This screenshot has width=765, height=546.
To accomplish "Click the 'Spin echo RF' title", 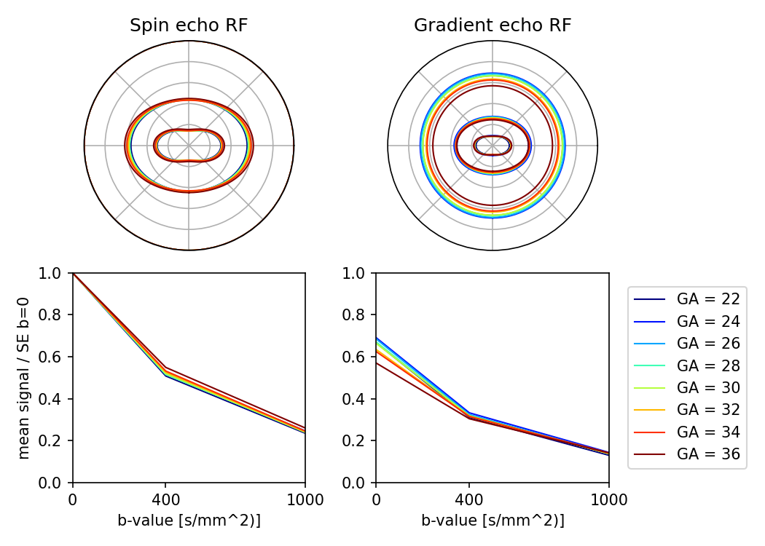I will (189, 25).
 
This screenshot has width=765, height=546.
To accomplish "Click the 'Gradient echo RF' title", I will (493, 25).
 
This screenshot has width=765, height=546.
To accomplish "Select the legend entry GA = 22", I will (708, 298).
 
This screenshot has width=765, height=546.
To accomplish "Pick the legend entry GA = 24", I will (708, 321).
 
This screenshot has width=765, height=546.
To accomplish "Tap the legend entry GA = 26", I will (708, 343).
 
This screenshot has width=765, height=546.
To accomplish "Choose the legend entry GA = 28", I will (708, 365).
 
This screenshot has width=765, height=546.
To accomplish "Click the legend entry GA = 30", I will (708, 387).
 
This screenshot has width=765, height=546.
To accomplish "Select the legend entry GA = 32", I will (708, 410).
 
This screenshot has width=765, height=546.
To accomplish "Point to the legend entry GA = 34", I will (708, 432).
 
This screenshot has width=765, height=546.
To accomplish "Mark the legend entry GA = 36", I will (708, 454).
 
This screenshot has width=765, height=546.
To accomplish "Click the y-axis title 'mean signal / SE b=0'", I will (24, 377).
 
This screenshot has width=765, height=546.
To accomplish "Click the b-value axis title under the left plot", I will (189, 521).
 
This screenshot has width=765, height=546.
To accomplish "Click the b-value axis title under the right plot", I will (493, 521).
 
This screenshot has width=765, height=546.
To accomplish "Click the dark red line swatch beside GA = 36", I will (650, 454).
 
